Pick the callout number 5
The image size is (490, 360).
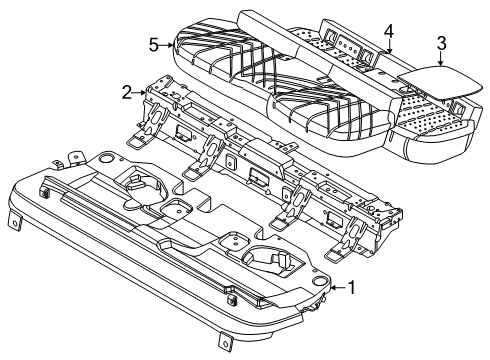tap(152, 44)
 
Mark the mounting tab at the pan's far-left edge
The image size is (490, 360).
tap(14, 219)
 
